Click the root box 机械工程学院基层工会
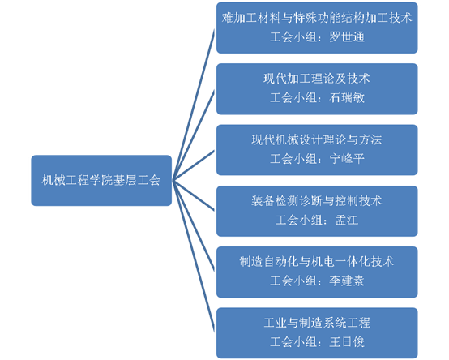pos(101,181)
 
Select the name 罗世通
pos(347,37)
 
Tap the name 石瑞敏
pos(347,97)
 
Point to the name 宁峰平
pos(347,159)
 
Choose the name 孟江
pos(347,220)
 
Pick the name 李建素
pos(347,281)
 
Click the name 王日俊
pos(347,342)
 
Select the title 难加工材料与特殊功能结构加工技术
pos(317,18)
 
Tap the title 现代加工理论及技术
pos(317,79)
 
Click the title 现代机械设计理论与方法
pos(317,139)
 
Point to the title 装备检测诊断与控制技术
pos(317,201)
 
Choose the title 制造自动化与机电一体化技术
pos(317,261)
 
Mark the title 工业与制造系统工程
pos(317,323)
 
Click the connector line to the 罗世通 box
pos(193,105)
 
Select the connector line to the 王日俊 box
pos(193,256)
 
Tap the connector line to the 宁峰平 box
pos(193,165)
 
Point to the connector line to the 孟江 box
pos(193,195)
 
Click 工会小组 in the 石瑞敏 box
pos(293,97)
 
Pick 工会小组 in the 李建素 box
pos(293,281)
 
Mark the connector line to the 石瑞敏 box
pos(193,135)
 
